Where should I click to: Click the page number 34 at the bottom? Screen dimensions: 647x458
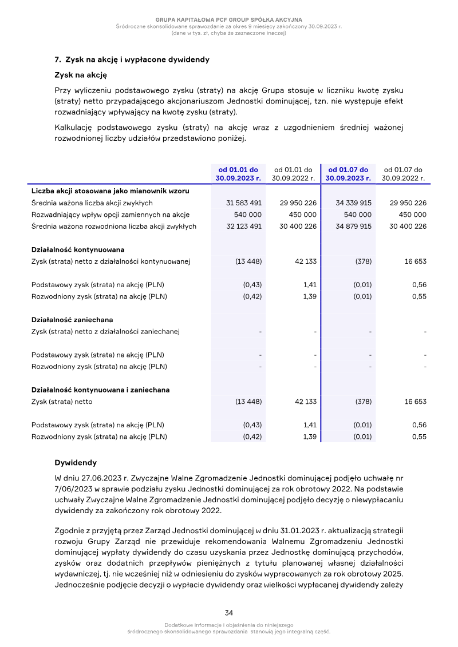pyautogui.click(x=229, y=612)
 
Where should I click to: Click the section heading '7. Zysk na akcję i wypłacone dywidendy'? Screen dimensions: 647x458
pyautogui.click(x=132, y=59)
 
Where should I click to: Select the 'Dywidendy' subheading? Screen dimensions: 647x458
pyautogui.click(x=76, y=462)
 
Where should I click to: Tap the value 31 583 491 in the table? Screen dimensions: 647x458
pyautogui.click(x=244, y=203)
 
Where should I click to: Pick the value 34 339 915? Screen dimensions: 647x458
pyautogui.click(x=354, y=203)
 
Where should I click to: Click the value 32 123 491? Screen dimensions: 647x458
pyautogui.click(x=244, y=227)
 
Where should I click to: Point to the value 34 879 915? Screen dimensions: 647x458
pyautogui.click(x=354, y=227)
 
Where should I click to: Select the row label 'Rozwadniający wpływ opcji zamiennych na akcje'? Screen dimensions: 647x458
pyautogui.click(x=110, y=215)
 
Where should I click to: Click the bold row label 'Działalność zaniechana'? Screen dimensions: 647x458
pyautogui.click(x=72, y=320)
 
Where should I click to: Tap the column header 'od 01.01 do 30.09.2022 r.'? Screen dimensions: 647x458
pyautogui.click(x=294, y=174)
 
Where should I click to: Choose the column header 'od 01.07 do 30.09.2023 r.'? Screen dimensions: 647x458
pyautogui.click(x=348, y=174)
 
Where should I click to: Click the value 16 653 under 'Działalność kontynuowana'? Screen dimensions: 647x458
pyautogui.click(x=415, y=261)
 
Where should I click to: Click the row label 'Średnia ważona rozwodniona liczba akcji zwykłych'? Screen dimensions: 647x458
pyautogui.click(x=114, y=227)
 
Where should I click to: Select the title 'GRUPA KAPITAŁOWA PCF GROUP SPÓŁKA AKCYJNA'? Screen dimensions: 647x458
pyautogui.click(x=229, y=20)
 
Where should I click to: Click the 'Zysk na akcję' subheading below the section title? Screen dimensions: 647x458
pyautogui.click(x=81, y=75)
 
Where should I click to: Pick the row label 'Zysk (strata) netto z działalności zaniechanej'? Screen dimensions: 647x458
pyautogui.click(x=105, y=332)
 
